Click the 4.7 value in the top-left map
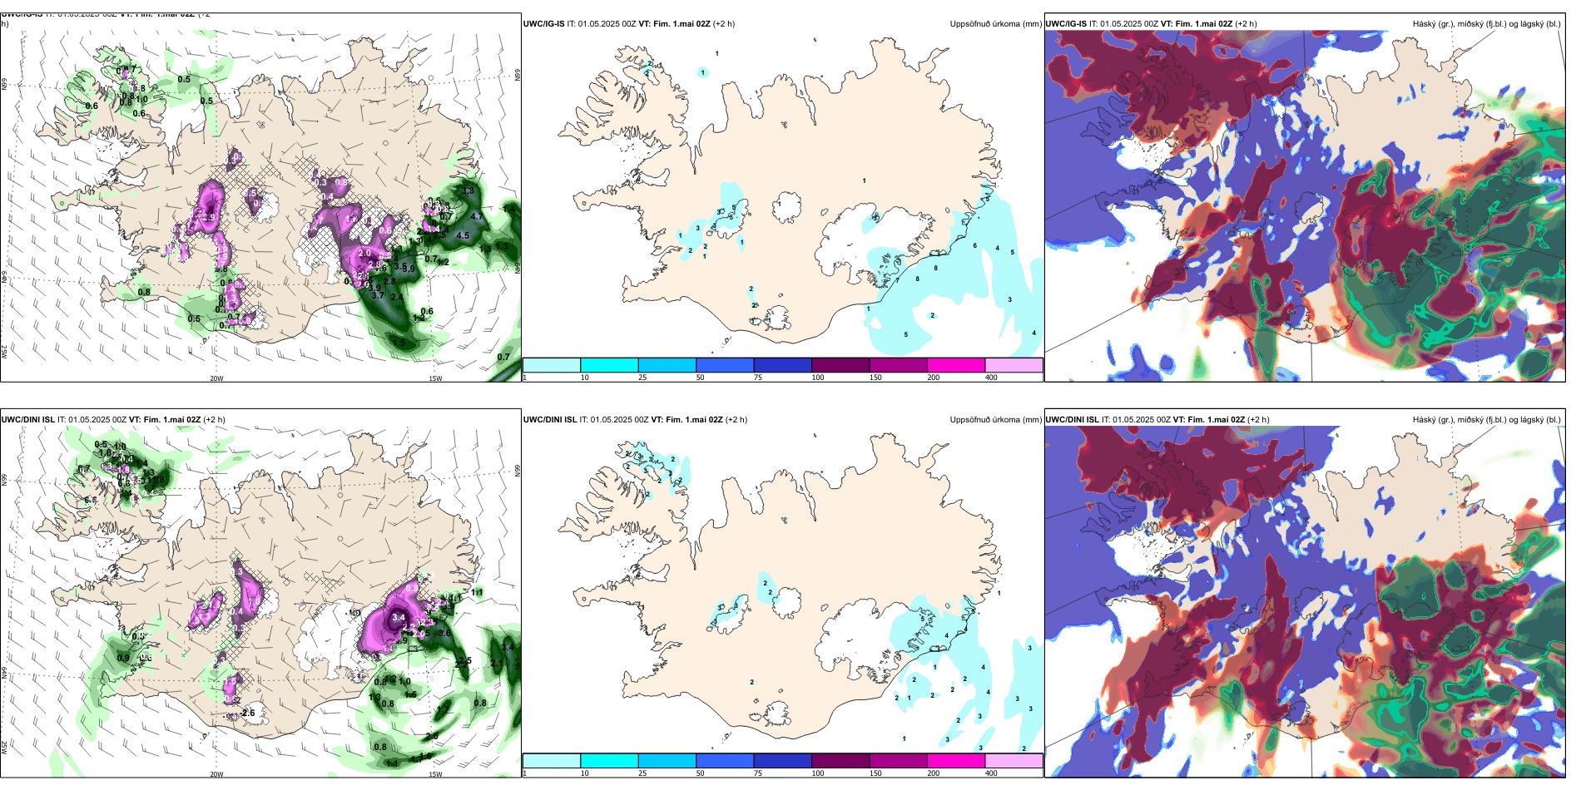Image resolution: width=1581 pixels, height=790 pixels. coord(477,216)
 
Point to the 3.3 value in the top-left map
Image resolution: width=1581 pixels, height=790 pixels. coord(468,191)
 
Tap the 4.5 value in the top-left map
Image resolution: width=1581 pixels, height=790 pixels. coord(463,235)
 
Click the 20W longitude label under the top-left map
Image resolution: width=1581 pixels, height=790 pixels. coord(216,378)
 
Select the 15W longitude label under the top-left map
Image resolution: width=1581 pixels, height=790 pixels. coord(435,378)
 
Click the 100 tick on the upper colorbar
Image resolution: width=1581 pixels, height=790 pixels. coord(818,378)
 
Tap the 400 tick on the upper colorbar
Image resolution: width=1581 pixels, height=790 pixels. coord(991,378)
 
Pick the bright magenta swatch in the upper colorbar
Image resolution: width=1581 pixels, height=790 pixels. coord(956,365)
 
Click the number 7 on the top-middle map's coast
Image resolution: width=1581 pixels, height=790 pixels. coord(897,280)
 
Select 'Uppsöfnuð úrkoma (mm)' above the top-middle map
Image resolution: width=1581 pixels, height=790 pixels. coord(995,24)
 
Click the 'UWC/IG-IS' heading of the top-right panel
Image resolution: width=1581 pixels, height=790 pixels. coord(1066,24)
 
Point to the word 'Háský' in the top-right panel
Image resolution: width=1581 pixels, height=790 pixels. coord(1425,24)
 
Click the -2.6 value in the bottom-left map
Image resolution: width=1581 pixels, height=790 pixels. coord(247,713)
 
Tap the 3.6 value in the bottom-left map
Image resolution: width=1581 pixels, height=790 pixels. coord(444,633)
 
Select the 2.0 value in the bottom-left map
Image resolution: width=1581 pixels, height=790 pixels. coord(432,736)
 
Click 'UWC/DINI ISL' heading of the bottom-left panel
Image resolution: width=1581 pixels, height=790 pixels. coord(27,419)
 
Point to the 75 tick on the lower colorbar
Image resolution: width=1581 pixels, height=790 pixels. coord(758,773)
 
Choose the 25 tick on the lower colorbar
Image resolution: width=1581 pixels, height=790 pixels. coord(642,773)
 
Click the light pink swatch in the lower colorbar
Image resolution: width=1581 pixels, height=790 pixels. coord(1014,761)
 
